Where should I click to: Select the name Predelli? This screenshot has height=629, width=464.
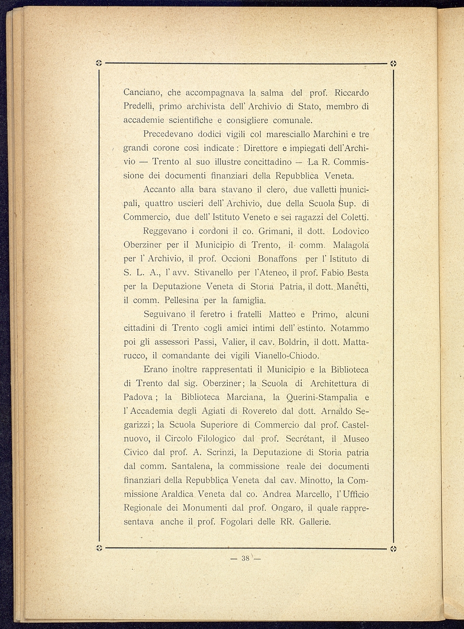(x=139, y=106)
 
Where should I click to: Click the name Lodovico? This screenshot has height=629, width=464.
(x=350, y=231)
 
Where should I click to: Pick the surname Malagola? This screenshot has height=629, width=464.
(x=351, y=245)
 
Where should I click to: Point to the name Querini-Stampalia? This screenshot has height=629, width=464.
(x=322, y=397)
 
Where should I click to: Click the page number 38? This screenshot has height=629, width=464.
(x=245, y=558)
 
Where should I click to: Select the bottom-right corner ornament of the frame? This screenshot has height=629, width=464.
(x=393, y=548)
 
